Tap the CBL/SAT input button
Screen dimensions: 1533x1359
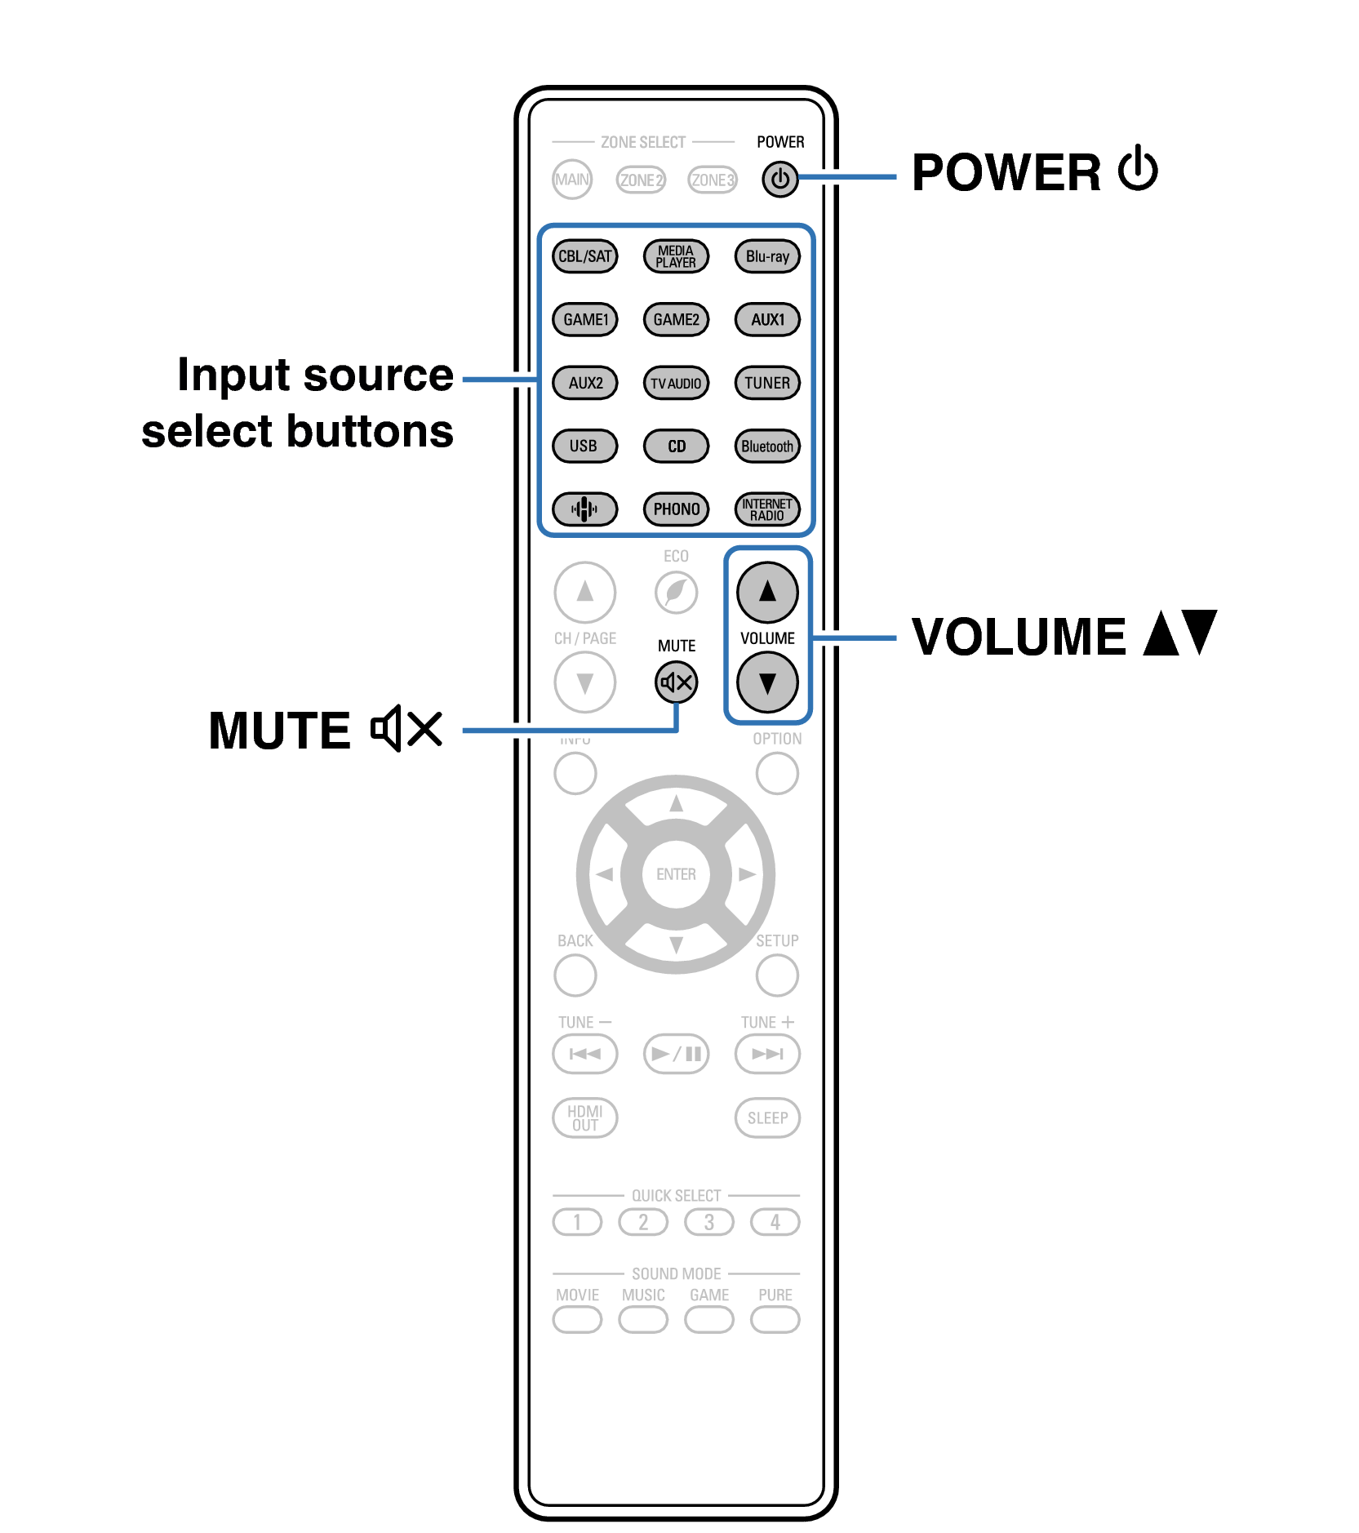(584, 256)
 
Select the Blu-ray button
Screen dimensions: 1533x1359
(767, 256)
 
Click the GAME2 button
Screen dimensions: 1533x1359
(676, 319)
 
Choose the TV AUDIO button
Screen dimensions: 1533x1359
(676, 383)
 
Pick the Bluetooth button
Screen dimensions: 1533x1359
(767, 447)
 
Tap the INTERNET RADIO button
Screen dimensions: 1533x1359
(767, 509)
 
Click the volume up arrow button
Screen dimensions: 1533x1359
(767, 592)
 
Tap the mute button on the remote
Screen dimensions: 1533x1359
(676, 682)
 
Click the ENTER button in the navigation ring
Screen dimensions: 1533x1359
(676, 874)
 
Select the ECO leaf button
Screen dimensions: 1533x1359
(676, 592)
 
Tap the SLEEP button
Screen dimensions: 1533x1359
(767, 1118)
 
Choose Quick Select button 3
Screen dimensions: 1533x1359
(708, 1222)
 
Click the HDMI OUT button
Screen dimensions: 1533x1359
(584, 1118)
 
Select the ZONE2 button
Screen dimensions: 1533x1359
(641, 180)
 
